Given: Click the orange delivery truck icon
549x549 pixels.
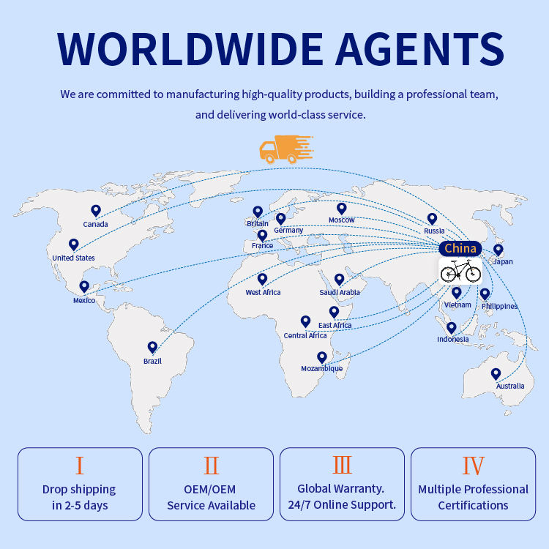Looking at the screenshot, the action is [285, 149].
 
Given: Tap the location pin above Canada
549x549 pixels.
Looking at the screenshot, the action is [96, 211].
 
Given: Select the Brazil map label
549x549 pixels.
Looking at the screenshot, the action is [152, 361].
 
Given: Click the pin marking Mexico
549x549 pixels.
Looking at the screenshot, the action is [84, 287].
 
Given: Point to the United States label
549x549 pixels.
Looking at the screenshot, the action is [73, 258].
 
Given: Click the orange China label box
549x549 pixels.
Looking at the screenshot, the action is [460, 248].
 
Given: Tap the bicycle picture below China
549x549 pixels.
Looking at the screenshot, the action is [460, 272].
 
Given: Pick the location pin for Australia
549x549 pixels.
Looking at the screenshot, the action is [496, 374].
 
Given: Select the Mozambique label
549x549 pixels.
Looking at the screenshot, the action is [322, 369].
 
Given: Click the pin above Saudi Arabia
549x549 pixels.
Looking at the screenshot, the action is [339, 279].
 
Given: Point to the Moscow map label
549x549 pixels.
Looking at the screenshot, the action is [341, 220].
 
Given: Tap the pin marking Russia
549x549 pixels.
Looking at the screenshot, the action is [432, 218].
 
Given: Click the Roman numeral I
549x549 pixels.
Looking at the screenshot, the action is [80, 466].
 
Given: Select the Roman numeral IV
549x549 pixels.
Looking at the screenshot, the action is [473, 466].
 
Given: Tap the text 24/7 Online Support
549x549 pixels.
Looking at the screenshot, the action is [342, 504].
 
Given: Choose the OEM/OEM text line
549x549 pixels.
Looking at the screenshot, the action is [211, 489].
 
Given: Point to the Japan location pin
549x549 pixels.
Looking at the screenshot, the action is [498, 250].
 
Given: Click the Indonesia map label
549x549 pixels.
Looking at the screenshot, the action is [453, 340].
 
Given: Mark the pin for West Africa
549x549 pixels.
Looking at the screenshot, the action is [262, 279].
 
